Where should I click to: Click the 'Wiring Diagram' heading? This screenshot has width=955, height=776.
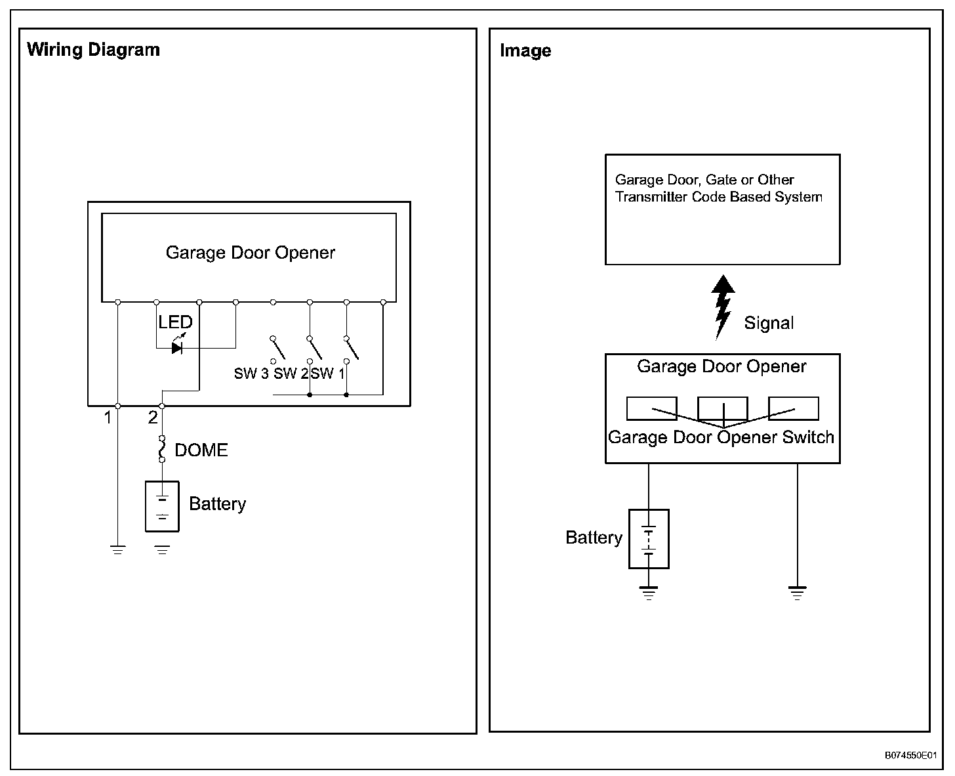tap(93, 50)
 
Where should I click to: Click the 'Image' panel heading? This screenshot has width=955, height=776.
tap(525, 51)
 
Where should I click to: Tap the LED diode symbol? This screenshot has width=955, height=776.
tap(177, 347)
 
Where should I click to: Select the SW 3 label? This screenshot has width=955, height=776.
tap(251, 374)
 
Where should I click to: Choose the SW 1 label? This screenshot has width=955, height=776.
tap(327, 374)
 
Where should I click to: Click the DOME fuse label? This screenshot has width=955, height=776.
tap(201, 450)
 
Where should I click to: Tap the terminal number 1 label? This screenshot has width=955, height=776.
tap(108, 418)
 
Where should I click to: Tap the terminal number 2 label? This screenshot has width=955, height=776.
tap(153, 418)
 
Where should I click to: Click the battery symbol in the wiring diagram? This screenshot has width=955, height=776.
tap(162, 506)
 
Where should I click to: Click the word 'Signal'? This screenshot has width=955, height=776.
tap(769, 323)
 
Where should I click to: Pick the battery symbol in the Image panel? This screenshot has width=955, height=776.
tap(649, 539)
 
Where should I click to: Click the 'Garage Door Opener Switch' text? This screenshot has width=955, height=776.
tap(721, 437)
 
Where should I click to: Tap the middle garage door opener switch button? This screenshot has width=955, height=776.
tap(722, 408)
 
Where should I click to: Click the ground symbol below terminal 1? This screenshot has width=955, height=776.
tap(117, 550)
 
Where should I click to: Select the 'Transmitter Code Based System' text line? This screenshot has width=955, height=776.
tap(719, 197)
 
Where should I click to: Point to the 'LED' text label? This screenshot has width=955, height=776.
tap(175, 322)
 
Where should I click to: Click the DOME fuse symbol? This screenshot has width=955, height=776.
tap(162, 449)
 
